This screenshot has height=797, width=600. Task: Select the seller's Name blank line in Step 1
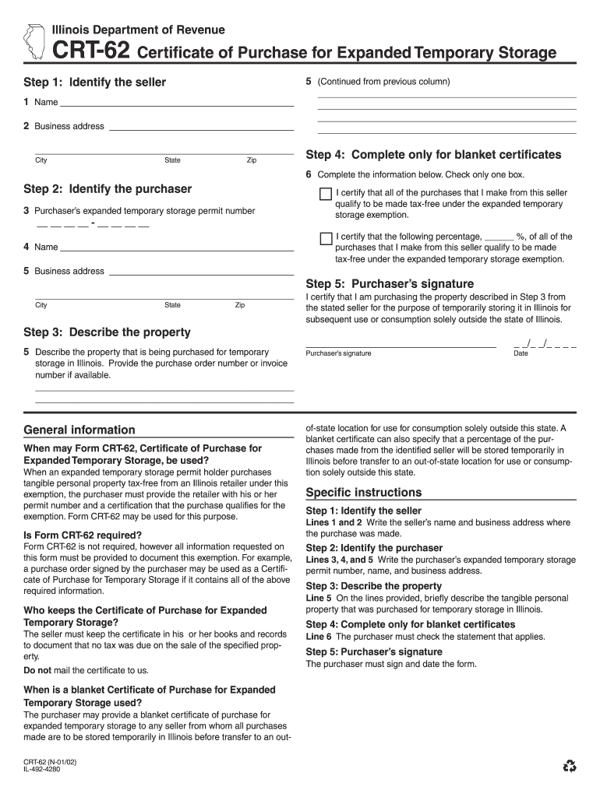point(177,102)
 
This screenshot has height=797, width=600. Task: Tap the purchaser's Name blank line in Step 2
point(177,247)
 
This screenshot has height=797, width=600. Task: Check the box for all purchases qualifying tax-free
point(326,194)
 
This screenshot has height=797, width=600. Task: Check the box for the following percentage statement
point(326,237)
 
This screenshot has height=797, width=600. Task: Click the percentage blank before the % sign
point(498,237)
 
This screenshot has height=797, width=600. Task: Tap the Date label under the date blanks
point(521,353)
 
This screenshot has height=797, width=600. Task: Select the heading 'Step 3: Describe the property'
point(107,332)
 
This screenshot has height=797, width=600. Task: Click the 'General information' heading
point(79,430)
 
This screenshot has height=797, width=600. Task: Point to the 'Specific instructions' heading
point(363,493)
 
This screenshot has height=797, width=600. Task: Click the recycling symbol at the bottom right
point(570,767)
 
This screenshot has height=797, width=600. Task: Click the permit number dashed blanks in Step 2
point(93,226)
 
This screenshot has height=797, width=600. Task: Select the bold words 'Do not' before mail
point(37,670)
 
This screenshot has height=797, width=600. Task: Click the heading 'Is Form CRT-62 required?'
point(83,535)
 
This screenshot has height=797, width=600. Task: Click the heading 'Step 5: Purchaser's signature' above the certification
point(390,284)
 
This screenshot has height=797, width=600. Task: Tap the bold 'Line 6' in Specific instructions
point(319,637)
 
